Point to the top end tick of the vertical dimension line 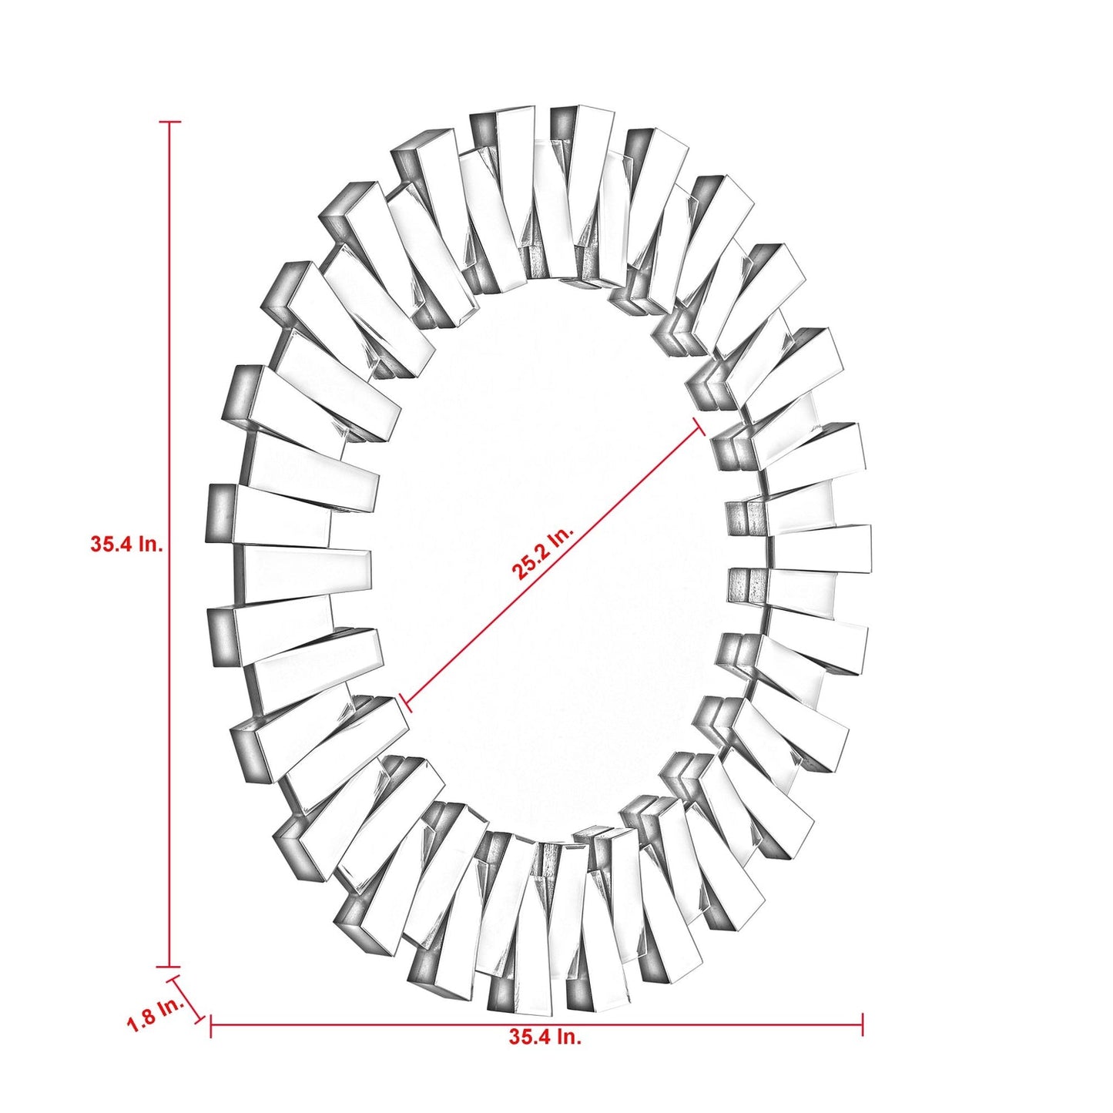click(x=169, y=122)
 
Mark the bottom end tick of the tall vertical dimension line click(x=169, y=967)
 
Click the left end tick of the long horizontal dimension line click(x=211, y=1024)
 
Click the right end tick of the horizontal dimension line click(x=863, y=1024)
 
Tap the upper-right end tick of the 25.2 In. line click(x=701, y=426)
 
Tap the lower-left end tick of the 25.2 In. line click(x=407, y=702)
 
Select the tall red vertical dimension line click(x=169, y=693)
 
